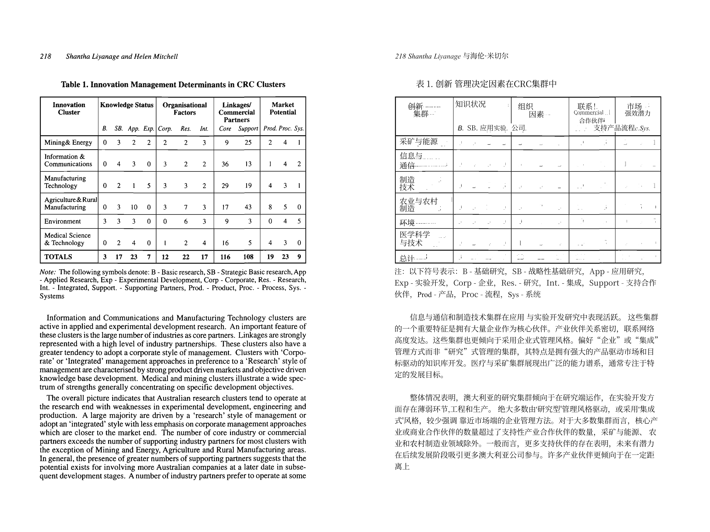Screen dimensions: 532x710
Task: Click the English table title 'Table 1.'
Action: click(x=74, y=84)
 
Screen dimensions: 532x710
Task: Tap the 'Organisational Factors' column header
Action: click(x=185, y=109)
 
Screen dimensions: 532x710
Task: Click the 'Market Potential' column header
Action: click(x=283, y=109)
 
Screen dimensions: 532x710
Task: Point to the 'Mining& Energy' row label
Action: click(x=68, y=142)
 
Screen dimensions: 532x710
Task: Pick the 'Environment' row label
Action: click(x=62, y=221)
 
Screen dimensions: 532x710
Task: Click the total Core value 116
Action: click(x=225, y=257)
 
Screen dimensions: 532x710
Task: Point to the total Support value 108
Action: click(x=248, y=257)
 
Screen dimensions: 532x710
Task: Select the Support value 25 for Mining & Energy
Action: click(x=248, y=142)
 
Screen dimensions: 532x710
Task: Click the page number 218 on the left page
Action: click(x=46, y=56)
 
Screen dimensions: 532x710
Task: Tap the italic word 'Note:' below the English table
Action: click(x=48, y=272)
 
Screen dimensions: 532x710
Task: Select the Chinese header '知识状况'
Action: click(x=471, y=104)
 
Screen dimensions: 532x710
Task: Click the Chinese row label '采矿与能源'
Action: click(x=419, y=142)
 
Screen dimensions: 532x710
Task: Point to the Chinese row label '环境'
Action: click(x=407, y=222)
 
